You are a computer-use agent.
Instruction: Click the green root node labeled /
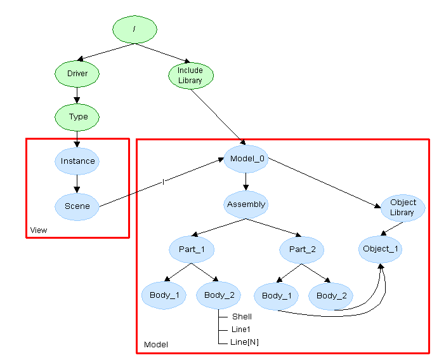(134, 30)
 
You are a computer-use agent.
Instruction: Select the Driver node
(77, 74)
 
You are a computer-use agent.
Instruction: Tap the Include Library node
(190, 76)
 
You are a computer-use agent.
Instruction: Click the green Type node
(78, 117)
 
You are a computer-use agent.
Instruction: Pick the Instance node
(77, 161)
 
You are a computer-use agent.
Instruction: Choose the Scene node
(77, 206)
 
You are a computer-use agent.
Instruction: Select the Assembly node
(245, 204)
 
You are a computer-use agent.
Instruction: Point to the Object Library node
(402, 208)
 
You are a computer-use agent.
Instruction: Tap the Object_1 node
(381, 248)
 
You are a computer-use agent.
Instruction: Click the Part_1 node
(191, 249)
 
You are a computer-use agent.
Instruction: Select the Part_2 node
(302, 249)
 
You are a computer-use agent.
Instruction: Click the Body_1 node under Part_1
(164, 295)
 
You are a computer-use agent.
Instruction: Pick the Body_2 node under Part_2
(331, 295)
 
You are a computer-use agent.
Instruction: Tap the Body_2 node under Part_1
(219, 295)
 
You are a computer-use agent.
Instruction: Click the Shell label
(242, 316)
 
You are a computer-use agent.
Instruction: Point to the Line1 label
(241, 329)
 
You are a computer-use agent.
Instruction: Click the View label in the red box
(39, 230)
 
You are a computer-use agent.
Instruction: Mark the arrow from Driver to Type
(77, 95)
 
